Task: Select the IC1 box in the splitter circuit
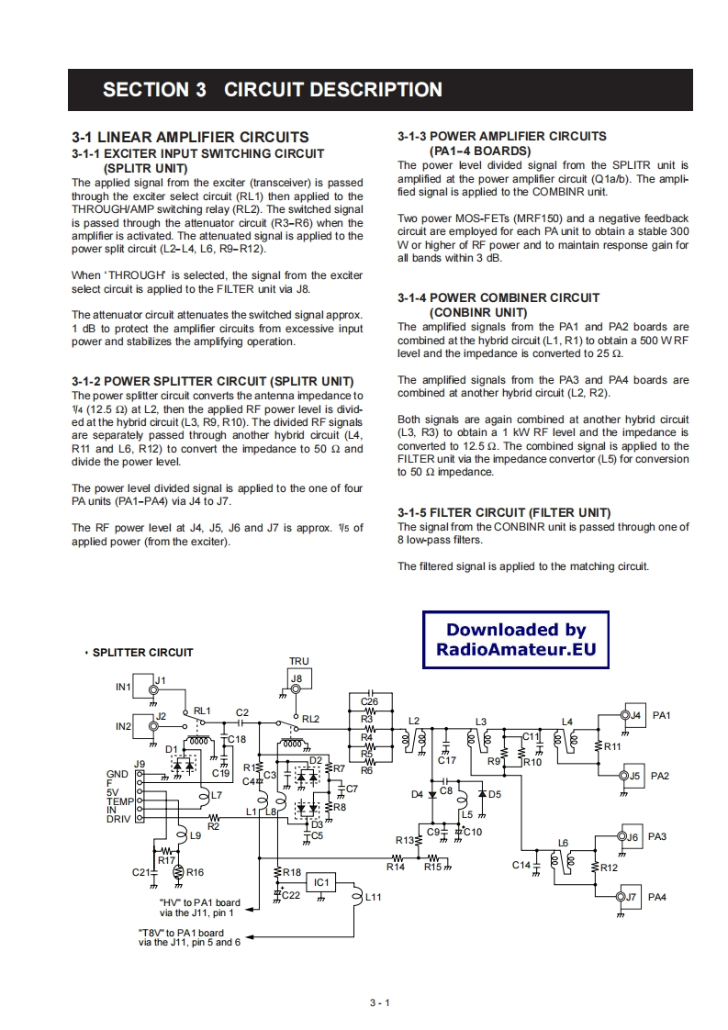321,882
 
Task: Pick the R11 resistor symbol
598,745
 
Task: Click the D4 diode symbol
431,794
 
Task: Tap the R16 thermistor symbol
179,872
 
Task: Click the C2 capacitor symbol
241,722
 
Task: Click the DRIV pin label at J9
119,819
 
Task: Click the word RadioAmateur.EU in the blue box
515,650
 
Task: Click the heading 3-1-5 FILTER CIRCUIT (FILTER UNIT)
504,512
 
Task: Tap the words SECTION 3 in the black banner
154,90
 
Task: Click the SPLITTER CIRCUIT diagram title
142,653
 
